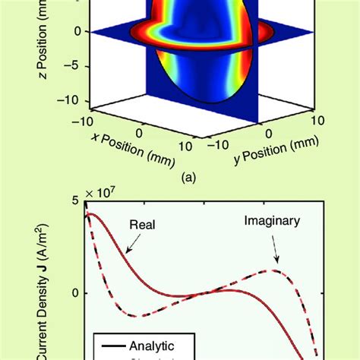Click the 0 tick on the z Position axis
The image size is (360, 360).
click(74, 32)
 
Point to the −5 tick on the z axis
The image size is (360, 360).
click(71, 65)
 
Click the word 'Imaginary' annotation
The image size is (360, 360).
click(271, 222)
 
